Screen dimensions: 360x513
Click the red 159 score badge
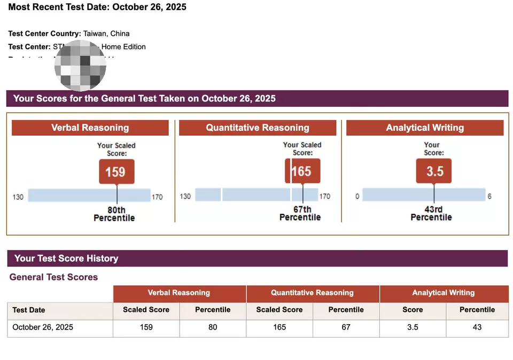116,171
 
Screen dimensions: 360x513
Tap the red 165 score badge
302,171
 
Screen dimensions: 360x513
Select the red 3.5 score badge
433,171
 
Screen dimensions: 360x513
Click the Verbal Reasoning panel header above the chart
90,128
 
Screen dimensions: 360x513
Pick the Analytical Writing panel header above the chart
425,128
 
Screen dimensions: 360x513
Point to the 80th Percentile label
114,214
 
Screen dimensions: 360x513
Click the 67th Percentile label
300,214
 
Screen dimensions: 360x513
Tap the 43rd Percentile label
431,214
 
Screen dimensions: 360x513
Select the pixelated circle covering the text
80,64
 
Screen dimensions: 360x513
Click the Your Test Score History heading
66,259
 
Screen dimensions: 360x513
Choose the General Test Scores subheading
54,277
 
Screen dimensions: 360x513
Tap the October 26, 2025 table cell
43,327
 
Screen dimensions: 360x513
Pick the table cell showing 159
146,327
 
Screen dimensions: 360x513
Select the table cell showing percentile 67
346,327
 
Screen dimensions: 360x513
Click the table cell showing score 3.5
413,327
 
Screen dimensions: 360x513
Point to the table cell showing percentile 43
477,327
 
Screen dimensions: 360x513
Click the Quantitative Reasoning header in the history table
312,293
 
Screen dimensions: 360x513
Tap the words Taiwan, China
106,34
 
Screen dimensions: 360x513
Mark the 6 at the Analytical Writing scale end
489,197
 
